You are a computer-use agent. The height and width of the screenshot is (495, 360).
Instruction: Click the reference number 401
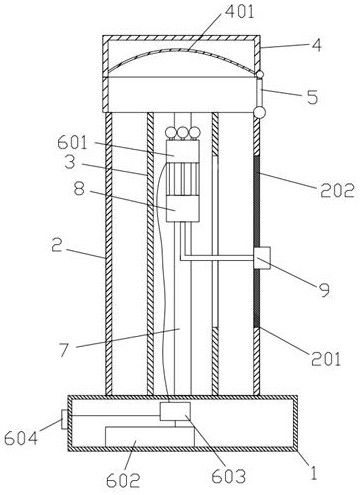tap(239, 12)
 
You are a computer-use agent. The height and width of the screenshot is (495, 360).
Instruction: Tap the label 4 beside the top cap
tap(316, 45)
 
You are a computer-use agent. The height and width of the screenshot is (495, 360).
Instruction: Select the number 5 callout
tap(312, 97)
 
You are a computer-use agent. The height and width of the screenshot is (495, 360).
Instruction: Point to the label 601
tap(72, 143)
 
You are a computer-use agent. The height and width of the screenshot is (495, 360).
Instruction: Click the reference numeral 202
tap(337, 191)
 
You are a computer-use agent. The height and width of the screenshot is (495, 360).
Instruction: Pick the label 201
tap(326, 359)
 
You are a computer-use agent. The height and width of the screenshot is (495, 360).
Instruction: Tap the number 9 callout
tap(324, 289)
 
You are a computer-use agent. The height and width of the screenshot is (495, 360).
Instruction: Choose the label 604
tap(21, 438)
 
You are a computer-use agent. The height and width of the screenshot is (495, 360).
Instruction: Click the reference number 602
tap(123, 480)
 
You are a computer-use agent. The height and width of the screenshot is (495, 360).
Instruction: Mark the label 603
tap(229, 476)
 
